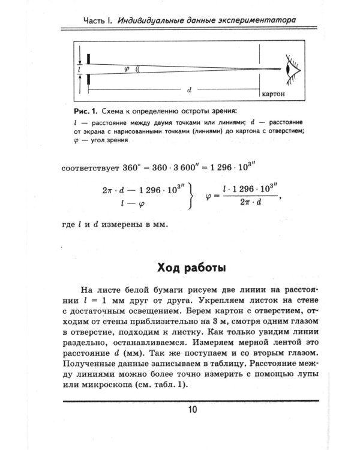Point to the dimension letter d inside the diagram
[188, 89]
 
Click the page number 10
[191, 410]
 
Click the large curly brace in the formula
[191, 196]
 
